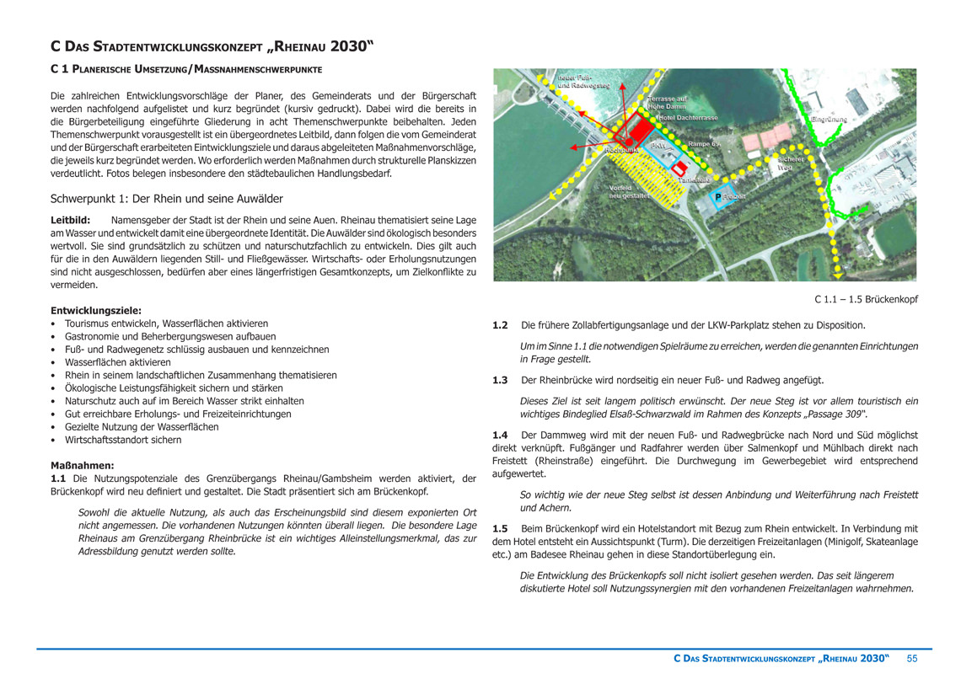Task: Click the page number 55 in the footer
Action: [911, 657]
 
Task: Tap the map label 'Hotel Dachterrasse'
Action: [688, 118]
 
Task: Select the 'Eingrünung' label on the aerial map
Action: [828, 120]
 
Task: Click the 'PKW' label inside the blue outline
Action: [658, 146]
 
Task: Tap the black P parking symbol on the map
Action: [717, 197]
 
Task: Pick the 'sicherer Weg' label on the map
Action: [790, 163]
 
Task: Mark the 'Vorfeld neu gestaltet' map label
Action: [628, 191]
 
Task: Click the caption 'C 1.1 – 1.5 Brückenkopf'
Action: [866, 299]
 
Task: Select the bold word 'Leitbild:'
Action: [71, 220]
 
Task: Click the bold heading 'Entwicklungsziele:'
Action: [96, 310]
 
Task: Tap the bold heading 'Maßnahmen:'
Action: [82, 465]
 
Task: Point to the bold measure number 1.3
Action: [500, 381]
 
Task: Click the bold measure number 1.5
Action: [500, 528]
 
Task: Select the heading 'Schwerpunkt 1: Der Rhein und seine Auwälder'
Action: [167, 199]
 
